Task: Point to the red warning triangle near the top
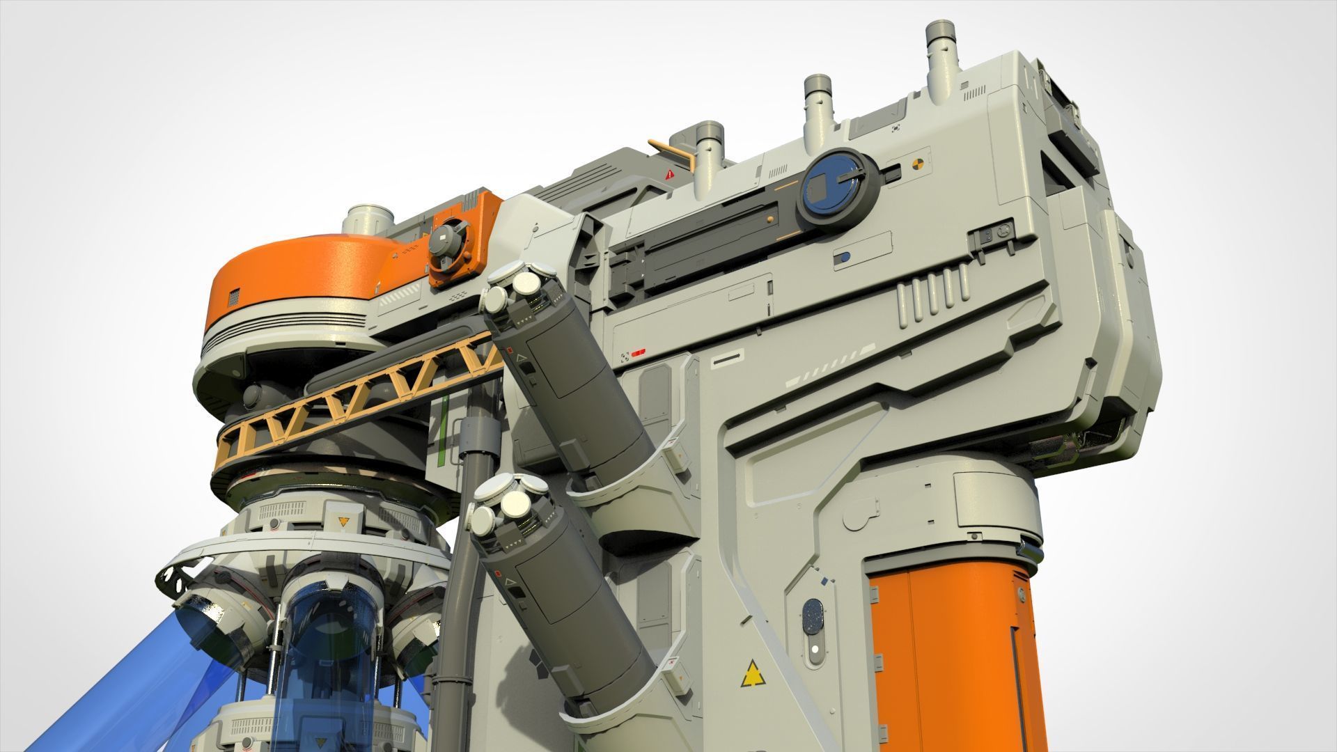tap(670, 175)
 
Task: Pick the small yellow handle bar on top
tap(673, 150)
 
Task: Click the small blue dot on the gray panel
tap(844, 258)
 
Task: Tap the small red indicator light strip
tap(638, 352)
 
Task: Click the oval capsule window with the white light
tap(813, 626)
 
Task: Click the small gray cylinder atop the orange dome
tap(368, 219)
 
